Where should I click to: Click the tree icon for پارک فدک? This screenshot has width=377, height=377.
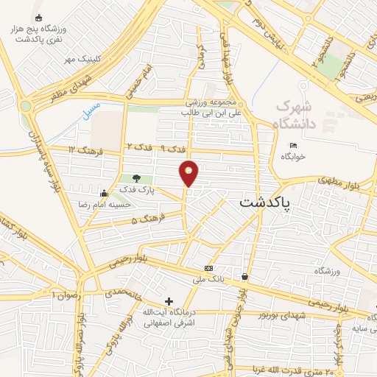[135, 178]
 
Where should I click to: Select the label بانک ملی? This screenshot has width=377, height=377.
[207, 280]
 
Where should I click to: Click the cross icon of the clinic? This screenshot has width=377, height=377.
[169, 301]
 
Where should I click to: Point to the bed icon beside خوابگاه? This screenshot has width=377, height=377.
[293, 145]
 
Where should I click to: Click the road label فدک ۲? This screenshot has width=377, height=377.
[139, 149]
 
